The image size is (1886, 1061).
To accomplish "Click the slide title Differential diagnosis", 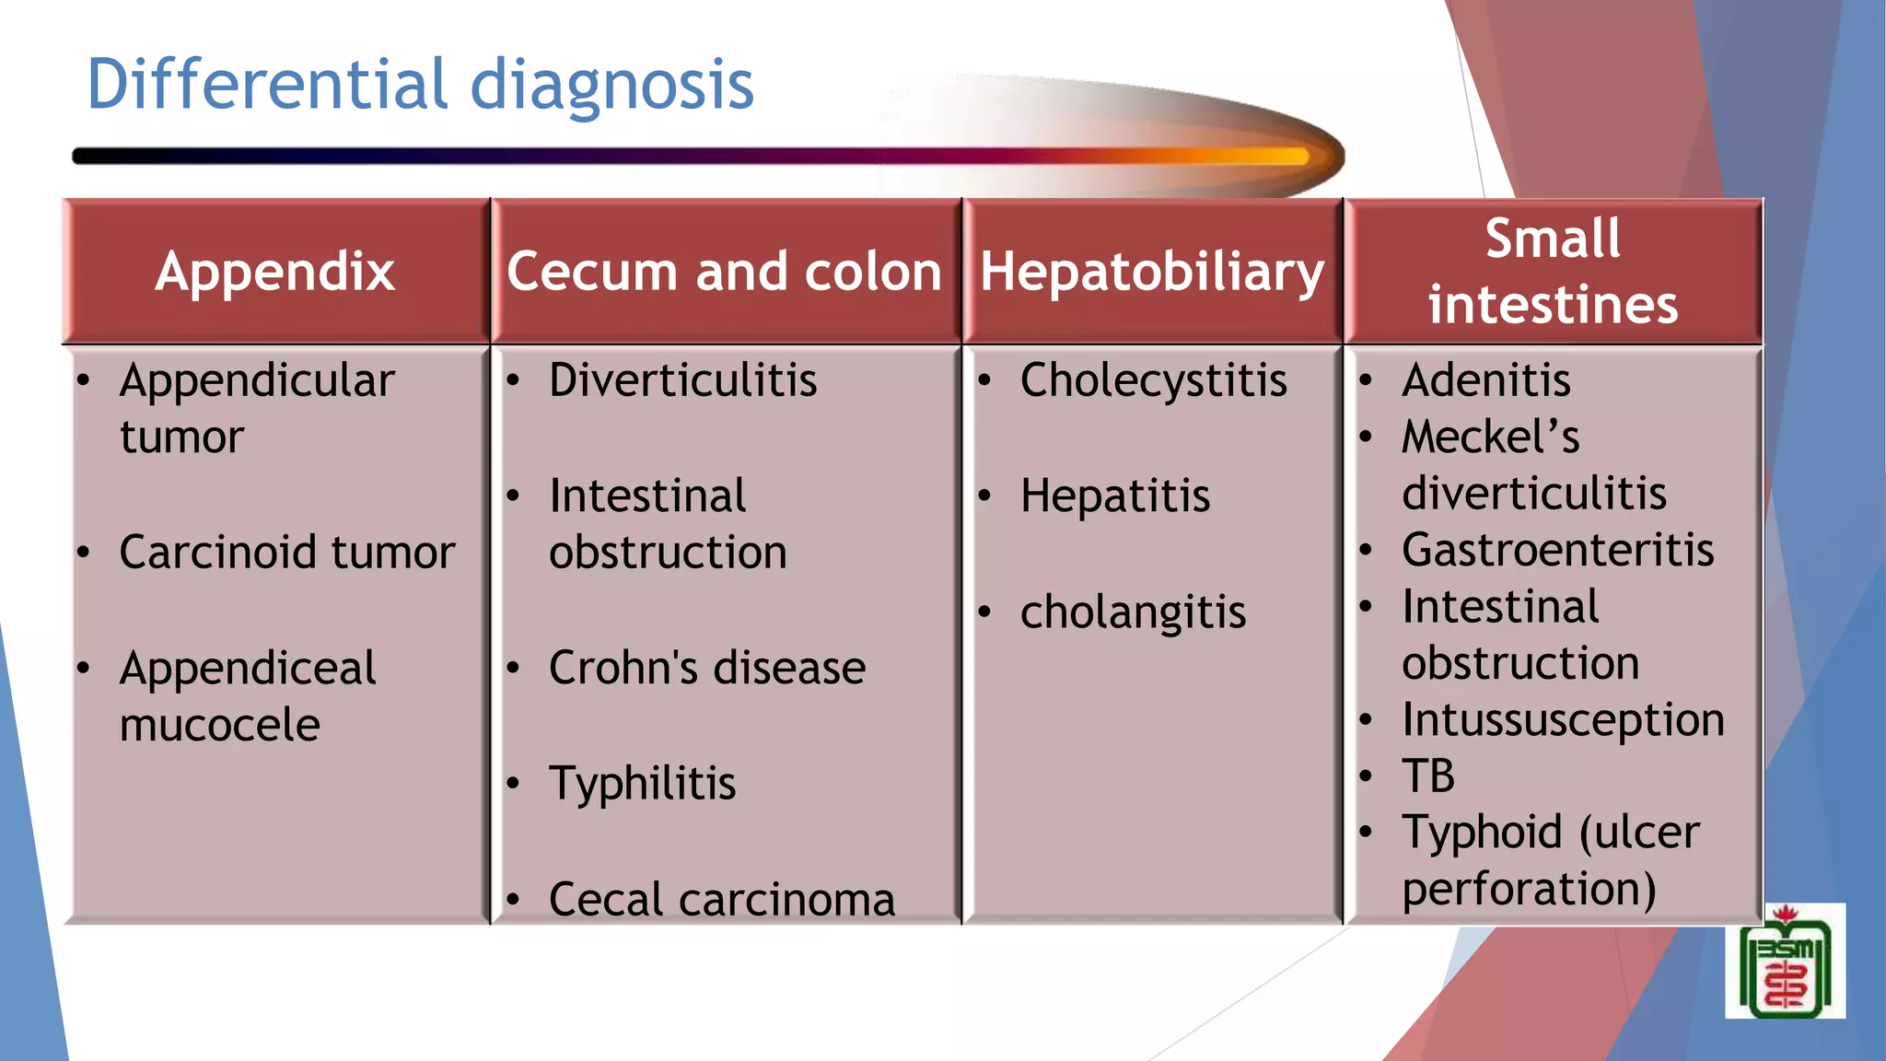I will click(420, 85).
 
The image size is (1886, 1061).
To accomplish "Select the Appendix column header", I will click(274, 272).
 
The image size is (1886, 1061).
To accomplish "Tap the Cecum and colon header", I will click(724, 272).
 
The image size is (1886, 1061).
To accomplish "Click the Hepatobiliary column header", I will click(1151, 272).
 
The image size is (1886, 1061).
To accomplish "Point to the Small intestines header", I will click(1553, 272).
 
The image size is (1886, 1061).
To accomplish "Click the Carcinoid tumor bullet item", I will click(286, 553).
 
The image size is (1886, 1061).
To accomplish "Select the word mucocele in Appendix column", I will click(219, 725).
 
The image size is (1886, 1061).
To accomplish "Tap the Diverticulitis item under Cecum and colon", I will click(682, 380).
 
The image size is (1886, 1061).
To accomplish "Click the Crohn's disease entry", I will click(706, 668).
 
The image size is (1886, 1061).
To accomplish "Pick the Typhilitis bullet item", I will click(642, 784).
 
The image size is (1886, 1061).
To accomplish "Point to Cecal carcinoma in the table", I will click(721, 899).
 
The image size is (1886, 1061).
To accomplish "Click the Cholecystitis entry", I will click(1153, 380).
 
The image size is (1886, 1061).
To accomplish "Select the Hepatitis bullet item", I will click(1114, 496).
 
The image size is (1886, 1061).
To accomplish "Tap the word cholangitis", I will click(1133, 612).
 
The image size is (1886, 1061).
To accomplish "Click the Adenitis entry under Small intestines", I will click(1485, 380).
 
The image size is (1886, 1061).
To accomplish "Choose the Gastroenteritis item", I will click(1557, 550).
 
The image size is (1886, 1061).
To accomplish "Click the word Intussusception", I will click(1563, 719).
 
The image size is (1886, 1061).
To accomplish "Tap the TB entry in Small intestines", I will click(1427, 775).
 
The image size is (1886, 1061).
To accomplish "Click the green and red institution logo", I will click(1785, 962).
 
